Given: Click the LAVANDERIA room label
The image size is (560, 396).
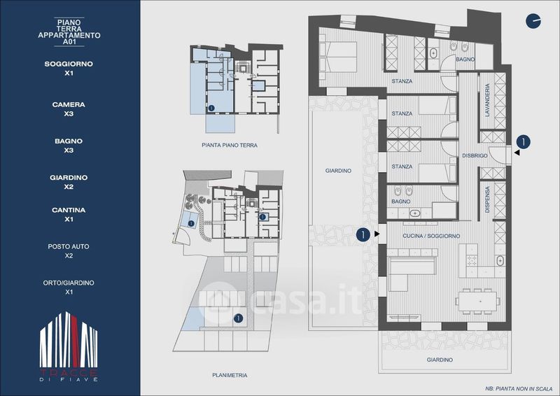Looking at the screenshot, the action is pyautogui.click(x=487, y=100).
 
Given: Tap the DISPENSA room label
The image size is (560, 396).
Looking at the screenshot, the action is pyautogui.click(x=487, y=199).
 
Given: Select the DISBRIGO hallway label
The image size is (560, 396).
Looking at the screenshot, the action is pyautogui.click(x=475, y=156).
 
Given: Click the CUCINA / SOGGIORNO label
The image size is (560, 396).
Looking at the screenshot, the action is pyautogui.click(x=431, y=236).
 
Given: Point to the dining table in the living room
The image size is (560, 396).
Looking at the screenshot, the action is pyautogui.click(x=477, y=302).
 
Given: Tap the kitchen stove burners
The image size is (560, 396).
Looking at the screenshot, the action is pyautogui.click(x=472, y=261).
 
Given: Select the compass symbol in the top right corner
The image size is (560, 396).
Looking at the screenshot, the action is pyautogui.click(x=533, y=21).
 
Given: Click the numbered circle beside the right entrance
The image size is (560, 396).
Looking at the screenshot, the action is pyautogui.click(x=523, y=142).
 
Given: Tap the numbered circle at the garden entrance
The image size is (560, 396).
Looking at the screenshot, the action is pyautogui.click(x=363, y=234).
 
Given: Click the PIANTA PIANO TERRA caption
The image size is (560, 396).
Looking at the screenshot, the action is pyautogui.click(x=230, y=146).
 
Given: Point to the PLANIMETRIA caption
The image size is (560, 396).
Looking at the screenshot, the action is pyautogui.click(x=230, y=375).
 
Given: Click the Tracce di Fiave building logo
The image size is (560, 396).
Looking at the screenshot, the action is pyautogui.click(x=69, y=346).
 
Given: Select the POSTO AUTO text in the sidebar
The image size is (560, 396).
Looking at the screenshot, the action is pyautogui.click(x=69, y=246).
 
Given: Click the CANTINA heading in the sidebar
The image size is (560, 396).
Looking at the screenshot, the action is pyautogui.click(x=69, y=210).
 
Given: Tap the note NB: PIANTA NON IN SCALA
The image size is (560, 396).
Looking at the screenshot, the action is pyautogui.click(x=519, y=388).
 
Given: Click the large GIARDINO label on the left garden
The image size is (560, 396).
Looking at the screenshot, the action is pyautogui.click(x=338, y=171).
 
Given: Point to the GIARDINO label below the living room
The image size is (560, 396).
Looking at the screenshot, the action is pyautogui.click(x=440, y=360).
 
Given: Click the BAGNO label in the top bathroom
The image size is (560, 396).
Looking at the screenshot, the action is pyautogui.click(x=465, y=59).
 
